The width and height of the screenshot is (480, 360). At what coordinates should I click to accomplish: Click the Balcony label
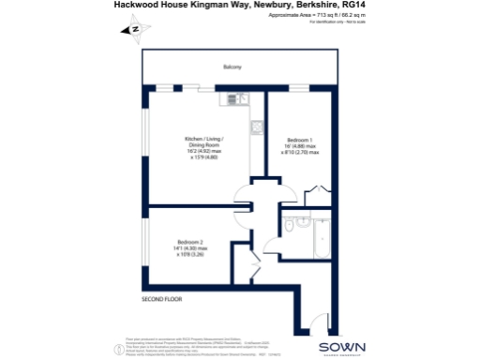[232, 67]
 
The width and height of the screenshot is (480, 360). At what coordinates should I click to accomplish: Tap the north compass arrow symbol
[134, 28]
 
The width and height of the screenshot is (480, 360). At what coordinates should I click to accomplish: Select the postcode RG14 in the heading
[353, 5]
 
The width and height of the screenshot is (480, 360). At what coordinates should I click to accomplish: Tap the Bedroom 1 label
[300, 141]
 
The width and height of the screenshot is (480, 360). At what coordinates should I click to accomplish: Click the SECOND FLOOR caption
[161, 300]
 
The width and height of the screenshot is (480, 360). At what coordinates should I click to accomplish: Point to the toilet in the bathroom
[292, 226]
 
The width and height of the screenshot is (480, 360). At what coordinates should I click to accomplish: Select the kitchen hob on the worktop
[254, 126]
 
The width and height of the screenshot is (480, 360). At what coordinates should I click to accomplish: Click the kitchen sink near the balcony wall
[230, 97]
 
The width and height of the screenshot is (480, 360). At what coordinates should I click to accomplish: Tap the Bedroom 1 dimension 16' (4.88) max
[300, 147]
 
